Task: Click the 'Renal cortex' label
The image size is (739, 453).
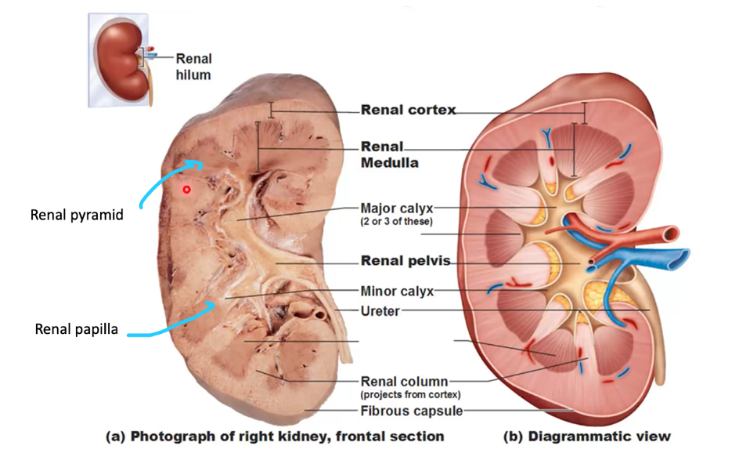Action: click(x=408, y=111)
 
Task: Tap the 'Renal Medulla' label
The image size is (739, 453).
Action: click(x=389, y=154)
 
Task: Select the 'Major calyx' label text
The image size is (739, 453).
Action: click(x=396, y=208)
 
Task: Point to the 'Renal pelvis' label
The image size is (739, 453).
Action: click(x=405, y=261)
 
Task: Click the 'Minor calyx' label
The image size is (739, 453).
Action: click(x=396, y=292)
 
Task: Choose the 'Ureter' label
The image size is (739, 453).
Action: click(x=380, y=311)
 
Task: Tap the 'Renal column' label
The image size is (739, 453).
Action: click(x=404, y=382)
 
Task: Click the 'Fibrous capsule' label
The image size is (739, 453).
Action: click(x=411, y=411)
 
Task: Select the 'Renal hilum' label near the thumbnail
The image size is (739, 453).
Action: click(x=193, y=66)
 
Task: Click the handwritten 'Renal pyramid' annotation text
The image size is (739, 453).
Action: click(x=77, y=215)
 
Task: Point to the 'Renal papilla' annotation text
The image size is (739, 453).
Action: click(x=77, y=329)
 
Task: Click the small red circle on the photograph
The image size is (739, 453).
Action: click(x=186, y=189)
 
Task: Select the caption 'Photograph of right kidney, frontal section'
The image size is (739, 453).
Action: click(x=275, y=436)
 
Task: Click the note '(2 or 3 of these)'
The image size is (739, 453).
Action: click(x=396, y=222)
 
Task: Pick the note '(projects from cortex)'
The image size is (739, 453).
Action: click(x=410, y=394)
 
